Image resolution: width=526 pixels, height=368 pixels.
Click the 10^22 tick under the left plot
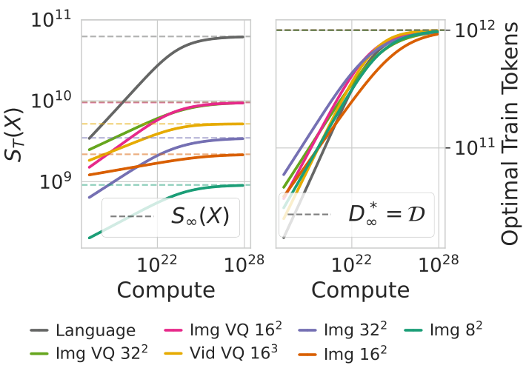(156, 265)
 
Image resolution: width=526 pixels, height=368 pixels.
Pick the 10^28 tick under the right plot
(437, 265)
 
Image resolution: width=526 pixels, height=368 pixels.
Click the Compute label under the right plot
(360, 289)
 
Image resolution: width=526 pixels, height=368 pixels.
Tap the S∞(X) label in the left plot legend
(199, 217)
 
